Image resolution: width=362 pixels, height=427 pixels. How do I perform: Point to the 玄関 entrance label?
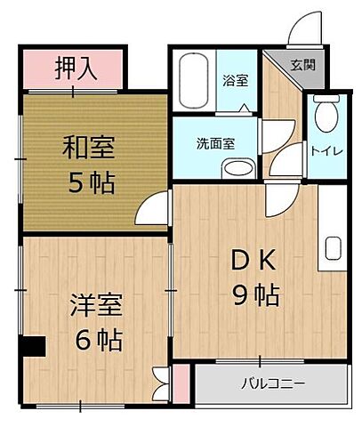(x=302, y=64)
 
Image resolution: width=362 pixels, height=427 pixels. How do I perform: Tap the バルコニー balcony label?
(x=272, y=385)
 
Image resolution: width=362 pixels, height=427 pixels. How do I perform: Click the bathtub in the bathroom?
(x=193, y=79)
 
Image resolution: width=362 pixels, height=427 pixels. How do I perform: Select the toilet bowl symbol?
(x=326, y=113)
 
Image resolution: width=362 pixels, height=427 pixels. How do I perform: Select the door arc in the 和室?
(x=151, y=208)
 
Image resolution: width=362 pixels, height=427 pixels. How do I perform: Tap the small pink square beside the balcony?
(x=181, y=382)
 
